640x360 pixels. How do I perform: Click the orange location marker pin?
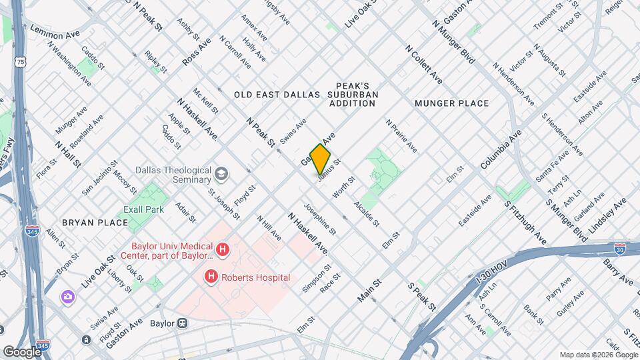pos(321,159)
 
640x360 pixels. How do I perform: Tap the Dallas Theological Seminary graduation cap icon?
pos(221,175)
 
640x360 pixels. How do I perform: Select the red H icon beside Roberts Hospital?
pos(211,277)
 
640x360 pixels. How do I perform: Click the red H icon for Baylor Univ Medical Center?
pos(223,251)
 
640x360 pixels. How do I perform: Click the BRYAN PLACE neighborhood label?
pos(94,222)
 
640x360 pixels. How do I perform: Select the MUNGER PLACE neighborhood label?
pos(451,103)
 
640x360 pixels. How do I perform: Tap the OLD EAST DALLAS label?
pos(277,95)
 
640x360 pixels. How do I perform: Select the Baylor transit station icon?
pos(181,323)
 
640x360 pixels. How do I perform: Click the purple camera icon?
pos(67,296)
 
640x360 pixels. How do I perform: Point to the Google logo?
pos(22,351)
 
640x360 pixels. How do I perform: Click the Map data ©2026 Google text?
pos(598,354)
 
